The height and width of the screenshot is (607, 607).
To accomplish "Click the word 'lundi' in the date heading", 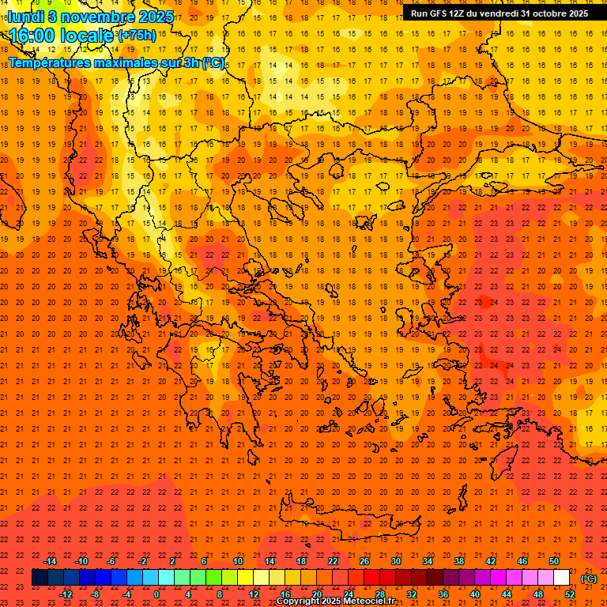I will click(x=26, y=17).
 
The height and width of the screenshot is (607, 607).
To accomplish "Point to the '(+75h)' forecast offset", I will click(x=137, y=36).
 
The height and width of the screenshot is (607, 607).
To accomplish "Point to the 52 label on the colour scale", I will click(x=570, y=594).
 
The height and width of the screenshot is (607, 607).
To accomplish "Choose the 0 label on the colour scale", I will click(x=157, y=594).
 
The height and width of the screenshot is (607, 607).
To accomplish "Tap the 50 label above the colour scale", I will click(x=553, y=561).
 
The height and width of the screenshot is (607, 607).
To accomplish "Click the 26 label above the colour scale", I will click(x=364, y=561).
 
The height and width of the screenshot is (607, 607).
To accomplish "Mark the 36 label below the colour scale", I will click(x=443, y=594).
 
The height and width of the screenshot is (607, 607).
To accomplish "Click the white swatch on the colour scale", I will click(x=562, y=578).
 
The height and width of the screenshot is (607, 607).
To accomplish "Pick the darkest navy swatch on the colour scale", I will click(x=40, y=578).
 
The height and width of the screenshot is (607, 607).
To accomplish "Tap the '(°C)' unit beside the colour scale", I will click(x=589, y=579).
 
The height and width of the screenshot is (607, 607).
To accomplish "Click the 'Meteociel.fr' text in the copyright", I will click(x=369, y=601).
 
